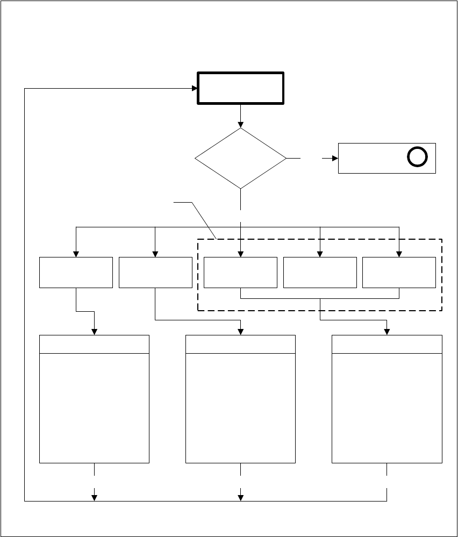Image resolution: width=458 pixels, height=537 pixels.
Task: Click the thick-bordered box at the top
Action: (241, 88)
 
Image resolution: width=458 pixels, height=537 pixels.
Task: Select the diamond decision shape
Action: (240, 159)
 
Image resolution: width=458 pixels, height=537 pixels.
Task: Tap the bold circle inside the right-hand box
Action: (417, 157)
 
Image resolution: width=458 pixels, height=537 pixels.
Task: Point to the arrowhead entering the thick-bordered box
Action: (195, 88)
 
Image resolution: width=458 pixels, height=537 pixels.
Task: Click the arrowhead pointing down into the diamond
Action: (240, 124)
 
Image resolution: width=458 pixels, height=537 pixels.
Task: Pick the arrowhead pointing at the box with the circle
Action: (334, 159)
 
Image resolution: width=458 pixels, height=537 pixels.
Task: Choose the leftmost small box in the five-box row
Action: (76, 272)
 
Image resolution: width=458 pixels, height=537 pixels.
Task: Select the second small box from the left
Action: (155, 272)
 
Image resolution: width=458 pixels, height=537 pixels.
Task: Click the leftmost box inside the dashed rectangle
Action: (240, 272)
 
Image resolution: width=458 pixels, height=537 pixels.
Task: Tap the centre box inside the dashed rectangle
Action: (320, 272)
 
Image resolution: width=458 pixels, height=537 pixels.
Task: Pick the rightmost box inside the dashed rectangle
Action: (399, 272)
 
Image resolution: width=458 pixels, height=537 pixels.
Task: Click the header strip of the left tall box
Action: (94, 344)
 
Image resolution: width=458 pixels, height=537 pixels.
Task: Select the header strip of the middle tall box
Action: (240, 344)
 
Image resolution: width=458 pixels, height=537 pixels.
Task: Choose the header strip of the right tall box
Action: (387, 344)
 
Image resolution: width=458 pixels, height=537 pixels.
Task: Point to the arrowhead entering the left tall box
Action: (94, 332)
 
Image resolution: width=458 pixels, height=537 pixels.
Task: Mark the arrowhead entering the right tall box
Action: (387, 332)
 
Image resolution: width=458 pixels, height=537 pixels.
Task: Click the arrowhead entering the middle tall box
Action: (240, 332)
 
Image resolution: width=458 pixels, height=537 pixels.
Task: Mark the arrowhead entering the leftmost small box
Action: (76, 254)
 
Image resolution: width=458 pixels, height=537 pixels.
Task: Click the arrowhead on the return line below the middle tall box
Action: (240, 497)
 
